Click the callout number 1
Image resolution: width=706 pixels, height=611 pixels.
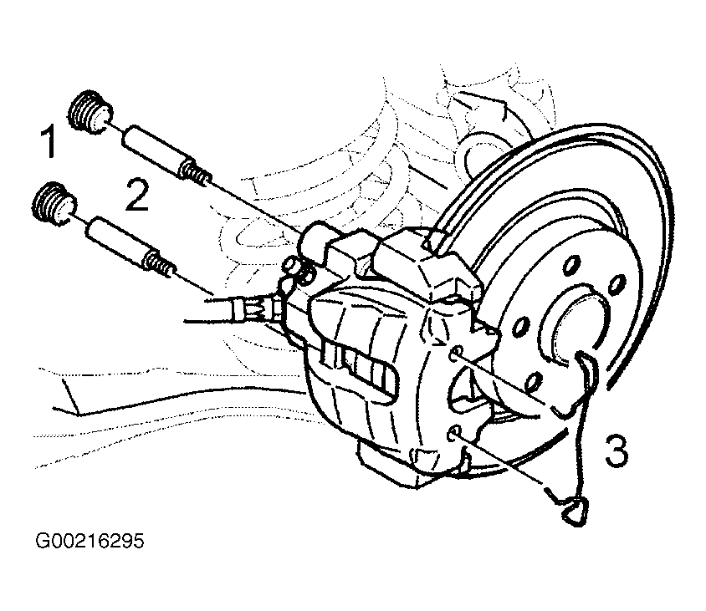(49, 141)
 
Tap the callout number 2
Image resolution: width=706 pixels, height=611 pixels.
(137, 195)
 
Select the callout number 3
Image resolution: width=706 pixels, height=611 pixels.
(616, 451)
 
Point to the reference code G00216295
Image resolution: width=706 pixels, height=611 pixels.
(90, 542)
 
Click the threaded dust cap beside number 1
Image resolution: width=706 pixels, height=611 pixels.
(90, 113)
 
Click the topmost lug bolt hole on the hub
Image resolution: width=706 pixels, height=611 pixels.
(570, 265)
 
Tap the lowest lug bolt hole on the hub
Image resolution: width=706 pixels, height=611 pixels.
(533, 381)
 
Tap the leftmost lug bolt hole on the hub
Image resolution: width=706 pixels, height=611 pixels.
(521, 326)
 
